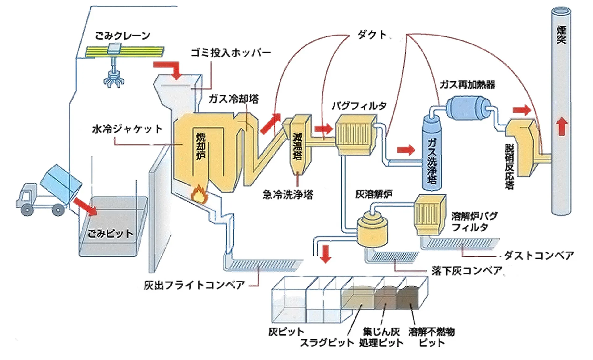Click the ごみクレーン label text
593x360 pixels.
tap(123, 36)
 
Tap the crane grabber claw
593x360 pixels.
tap(114, 79)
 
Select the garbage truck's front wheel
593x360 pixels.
tap(27, 210)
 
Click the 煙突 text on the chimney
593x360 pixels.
tap(561, 35)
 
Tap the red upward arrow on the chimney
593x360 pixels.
tap(562, 126)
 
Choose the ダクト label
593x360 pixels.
tap(372, 35)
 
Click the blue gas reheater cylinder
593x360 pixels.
tap(468, 108)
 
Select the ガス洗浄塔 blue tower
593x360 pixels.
tap(432, 155)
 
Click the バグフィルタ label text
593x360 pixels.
tap(359, 106)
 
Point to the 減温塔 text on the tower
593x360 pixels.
tap(297, 146)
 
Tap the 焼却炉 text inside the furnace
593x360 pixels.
tap(201, 146)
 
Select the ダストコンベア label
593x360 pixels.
tap(539, 256)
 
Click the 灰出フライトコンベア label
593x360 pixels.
tap(194, 285)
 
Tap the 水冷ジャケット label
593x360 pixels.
tap(127, 129)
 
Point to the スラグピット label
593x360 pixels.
tap(327, 343)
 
